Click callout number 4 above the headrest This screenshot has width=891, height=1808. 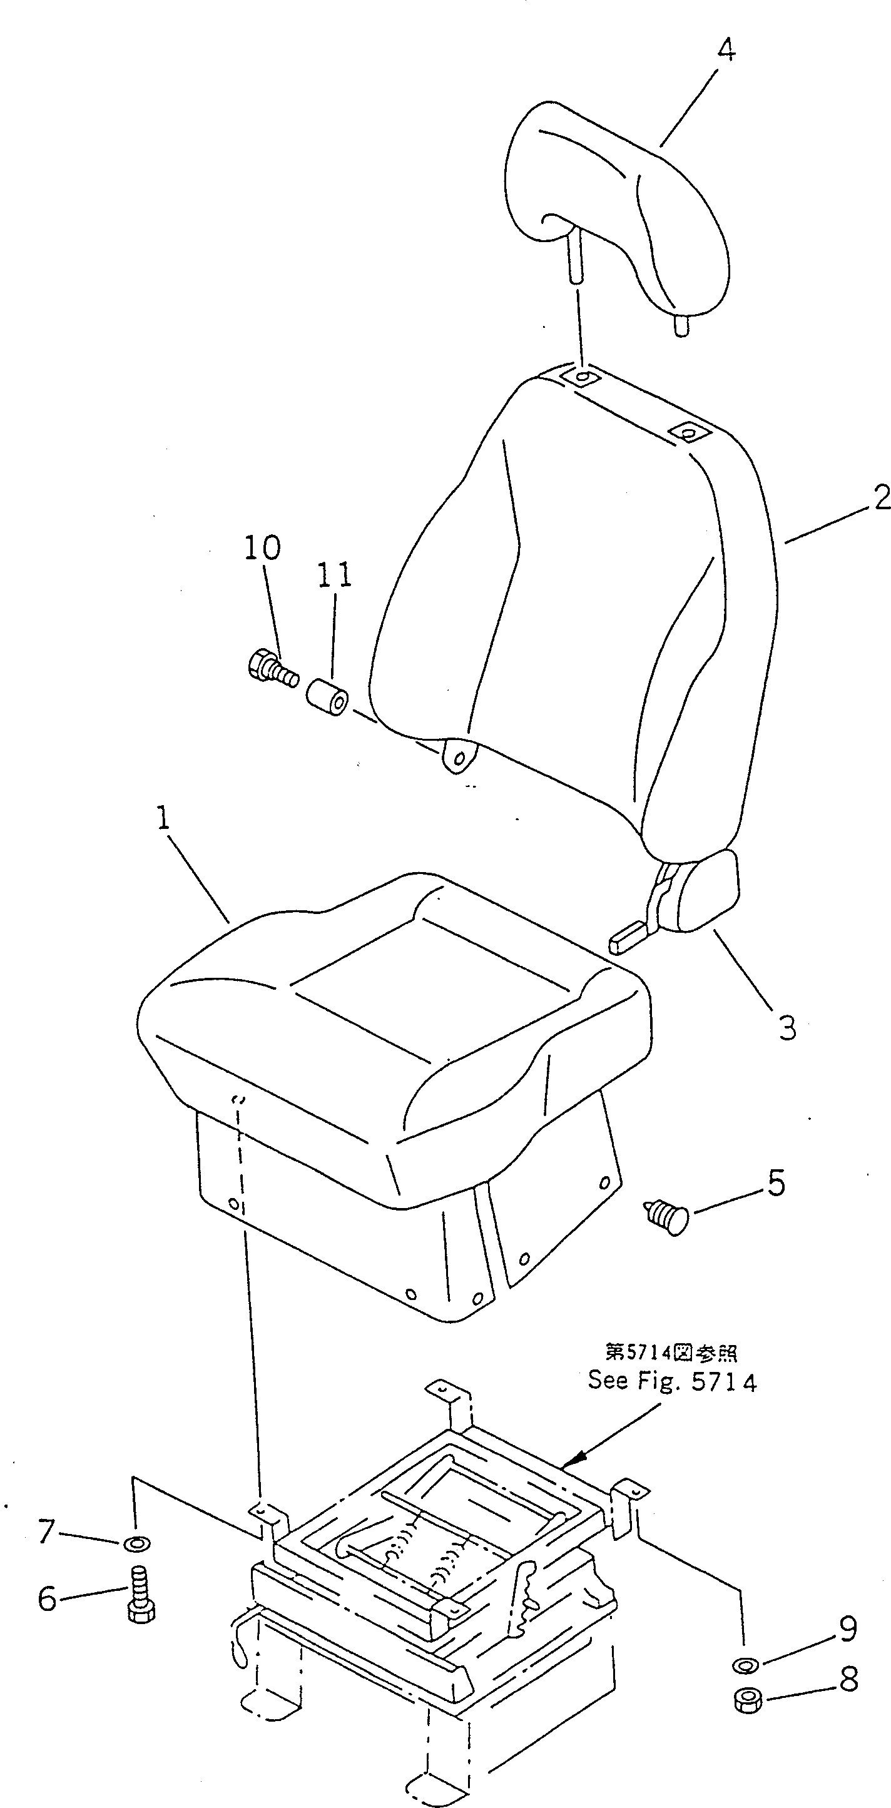[x=726, y=51]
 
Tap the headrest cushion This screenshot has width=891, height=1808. [x=618, y=203]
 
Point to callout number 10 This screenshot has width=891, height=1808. [x=263, y=547]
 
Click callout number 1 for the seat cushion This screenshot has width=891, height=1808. [x=163, y=819]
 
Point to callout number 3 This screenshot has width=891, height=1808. [x=787, y=1028]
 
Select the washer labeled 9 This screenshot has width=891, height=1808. [x=745, y=1665]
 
